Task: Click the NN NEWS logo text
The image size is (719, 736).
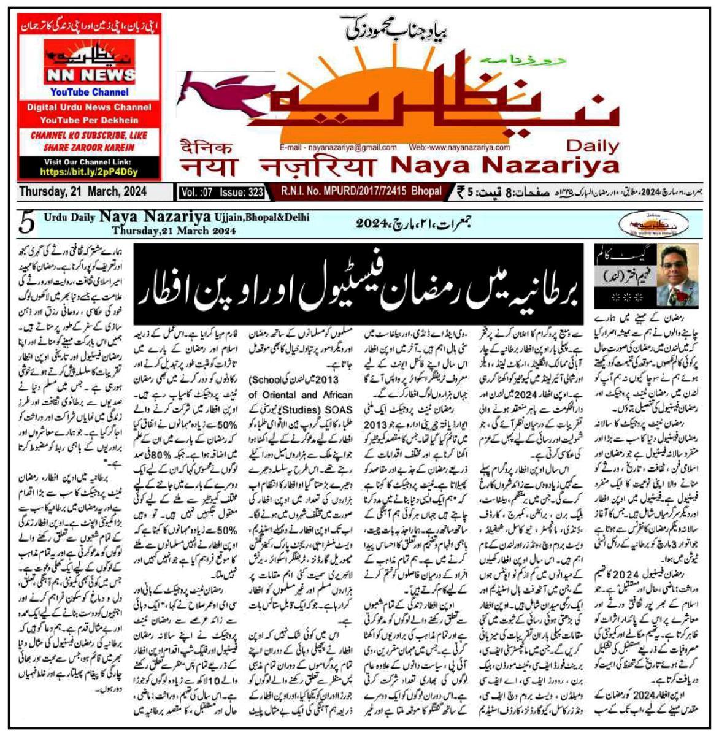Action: [x=90, y=75]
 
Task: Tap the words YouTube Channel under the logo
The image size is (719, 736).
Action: [x=90, y=93]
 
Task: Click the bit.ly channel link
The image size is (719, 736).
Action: [x=90, y=172]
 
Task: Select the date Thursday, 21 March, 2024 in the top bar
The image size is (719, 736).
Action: [x=83, y=191]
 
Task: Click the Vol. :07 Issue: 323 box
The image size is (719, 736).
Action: [x=222, y=193]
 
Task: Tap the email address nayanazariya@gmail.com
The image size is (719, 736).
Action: [x=338, y=148]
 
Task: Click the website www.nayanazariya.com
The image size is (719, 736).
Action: [x=460, y=148]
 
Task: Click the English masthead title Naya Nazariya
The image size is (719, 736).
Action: [x=504, y=165]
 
